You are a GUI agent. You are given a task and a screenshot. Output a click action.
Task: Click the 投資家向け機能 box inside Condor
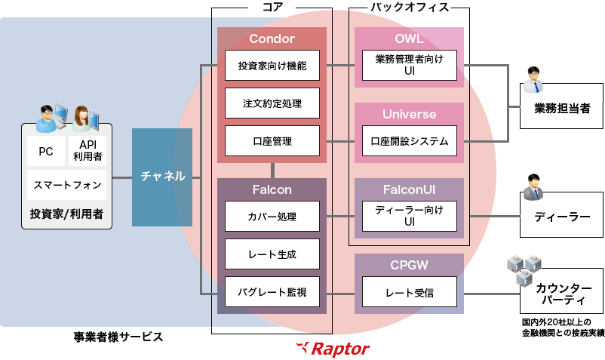[x=272, y=66]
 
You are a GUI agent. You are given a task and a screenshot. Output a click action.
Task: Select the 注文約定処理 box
[x=272, y=103]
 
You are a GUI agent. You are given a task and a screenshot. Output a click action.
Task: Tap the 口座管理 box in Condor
[x=272, y=140]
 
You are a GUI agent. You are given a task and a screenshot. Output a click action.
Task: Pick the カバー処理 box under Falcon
[x=272, y=217]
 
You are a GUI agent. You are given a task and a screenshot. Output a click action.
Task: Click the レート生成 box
[x=272, y=254]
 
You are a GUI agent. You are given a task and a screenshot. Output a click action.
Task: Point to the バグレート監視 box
[x=272, y=291]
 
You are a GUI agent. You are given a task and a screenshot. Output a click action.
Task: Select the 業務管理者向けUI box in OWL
[x=410, y=66]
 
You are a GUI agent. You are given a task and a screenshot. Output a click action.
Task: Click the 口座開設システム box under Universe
[x=410, y=140]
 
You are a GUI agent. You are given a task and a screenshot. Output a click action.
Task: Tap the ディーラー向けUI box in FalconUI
[x=410, y=217]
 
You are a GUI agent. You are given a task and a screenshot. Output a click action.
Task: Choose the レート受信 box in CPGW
[x=410, y=291]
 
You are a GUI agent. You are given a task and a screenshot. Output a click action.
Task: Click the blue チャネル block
[x=162, y=177]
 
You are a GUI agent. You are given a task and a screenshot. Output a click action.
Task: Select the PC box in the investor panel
[x=45, y=151]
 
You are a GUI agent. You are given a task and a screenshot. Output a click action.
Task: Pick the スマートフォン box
[x=66, y=184]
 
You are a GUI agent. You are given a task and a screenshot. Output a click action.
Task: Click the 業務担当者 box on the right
[x=561, y=109]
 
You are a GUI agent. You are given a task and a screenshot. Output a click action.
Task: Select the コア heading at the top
[x=272, y=7]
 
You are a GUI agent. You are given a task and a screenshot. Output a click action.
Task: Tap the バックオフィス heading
[x=410, y=7]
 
